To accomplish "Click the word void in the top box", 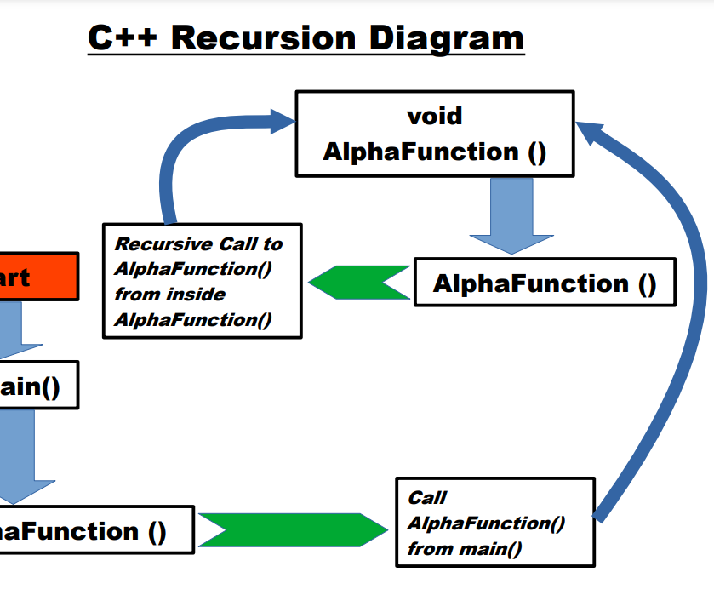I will point(434,116).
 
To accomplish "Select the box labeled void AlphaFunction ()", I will point(434,134).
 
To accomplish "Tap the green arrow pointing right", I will point(294,529).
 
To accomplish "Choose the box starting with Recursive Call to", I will point(202,281).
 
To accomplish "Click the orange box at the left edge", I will point(38,277).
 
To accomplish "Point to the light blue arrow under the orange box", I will point(17,332).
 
